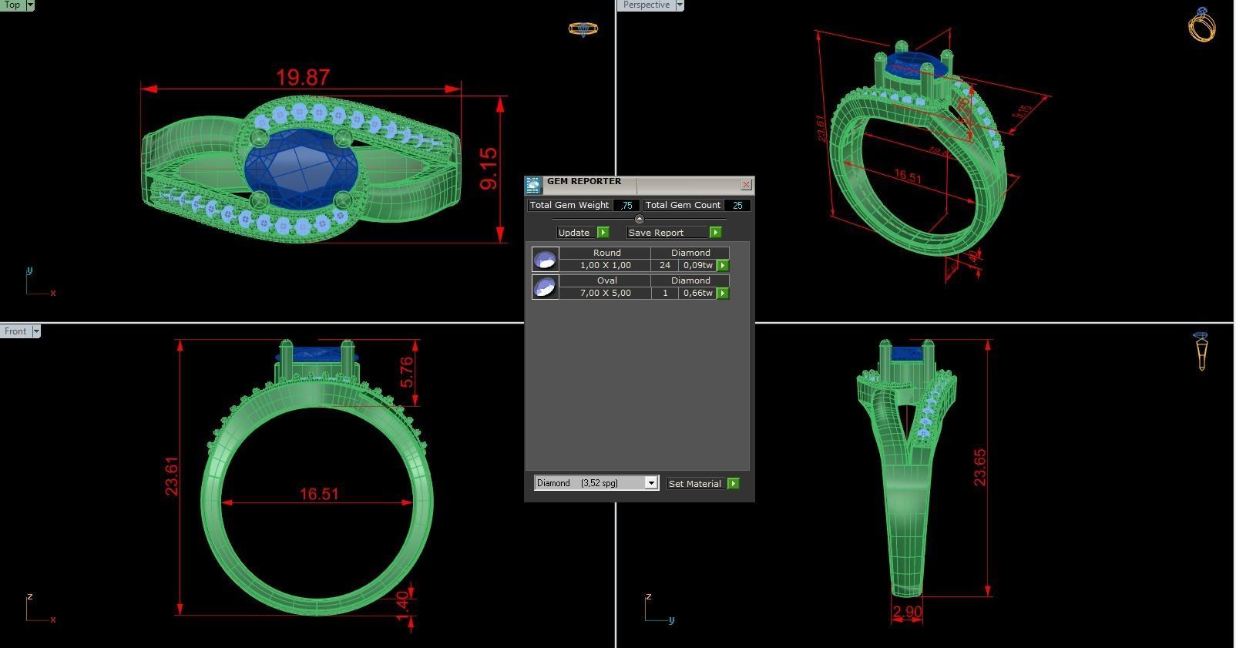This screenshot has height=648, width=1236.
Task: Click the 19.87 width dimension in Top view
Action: pos(303,78)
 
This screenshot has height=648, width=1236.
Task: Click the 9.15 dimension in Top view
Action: pos(489,169)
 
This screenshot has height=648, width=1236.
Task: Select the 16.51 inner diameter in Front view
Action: pos(318,494)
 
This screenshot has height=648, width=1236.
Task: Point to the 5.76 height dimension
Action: pos(406,372)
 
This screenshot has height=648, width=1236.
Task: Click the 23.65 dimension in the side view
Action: pos(979,467)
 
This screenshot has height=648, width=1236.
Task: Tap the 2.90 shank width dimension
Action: pos(907,613)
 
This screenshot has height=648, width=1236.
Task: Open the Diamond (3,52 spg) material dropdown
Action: pos(650,483)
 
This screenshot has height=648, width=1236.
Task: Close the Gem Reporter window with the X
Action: pos(746,185)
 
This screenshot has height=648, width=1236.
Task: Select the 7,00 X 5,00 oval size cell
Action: pos(605,293)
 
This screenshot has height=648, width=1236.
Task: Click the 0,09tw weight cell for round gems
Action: pos(697,265)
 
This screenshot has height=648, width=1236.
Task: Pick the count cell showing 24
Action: pos(664,265)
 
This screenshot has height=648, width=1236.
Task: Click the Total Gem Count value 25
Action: pos(737,205)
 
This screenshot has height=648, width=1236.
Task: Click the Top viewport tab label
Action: pos(12,5)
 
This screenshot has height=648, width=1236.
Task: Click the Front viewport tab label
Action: pos(15,331)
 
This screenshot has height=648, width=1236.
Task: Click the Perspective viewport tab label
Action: pos(646,5)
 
